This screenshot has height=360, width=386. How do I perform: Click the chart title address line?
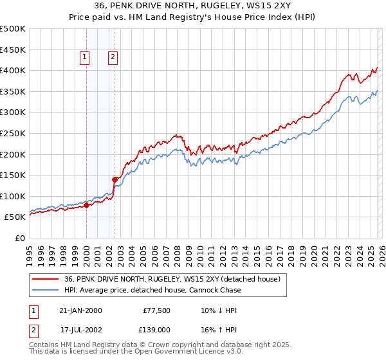193,7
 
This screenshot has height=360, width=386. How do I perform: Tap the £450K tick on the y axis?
13,50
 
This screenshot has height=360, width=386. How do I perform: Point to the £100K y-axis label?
13,197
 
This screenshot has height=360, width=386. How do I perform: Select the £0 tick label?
19,239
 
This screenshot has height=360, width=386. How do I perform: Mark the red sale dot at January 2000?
86,206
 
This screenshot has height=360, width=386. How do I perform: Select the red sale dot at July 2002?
115,180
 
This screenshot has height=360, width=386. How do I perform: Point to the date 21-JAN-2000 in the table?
80,310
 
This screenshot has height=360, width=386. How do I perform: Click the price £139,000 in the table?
157,329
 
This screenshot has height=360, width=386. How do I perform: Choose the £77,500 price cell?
157,310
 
